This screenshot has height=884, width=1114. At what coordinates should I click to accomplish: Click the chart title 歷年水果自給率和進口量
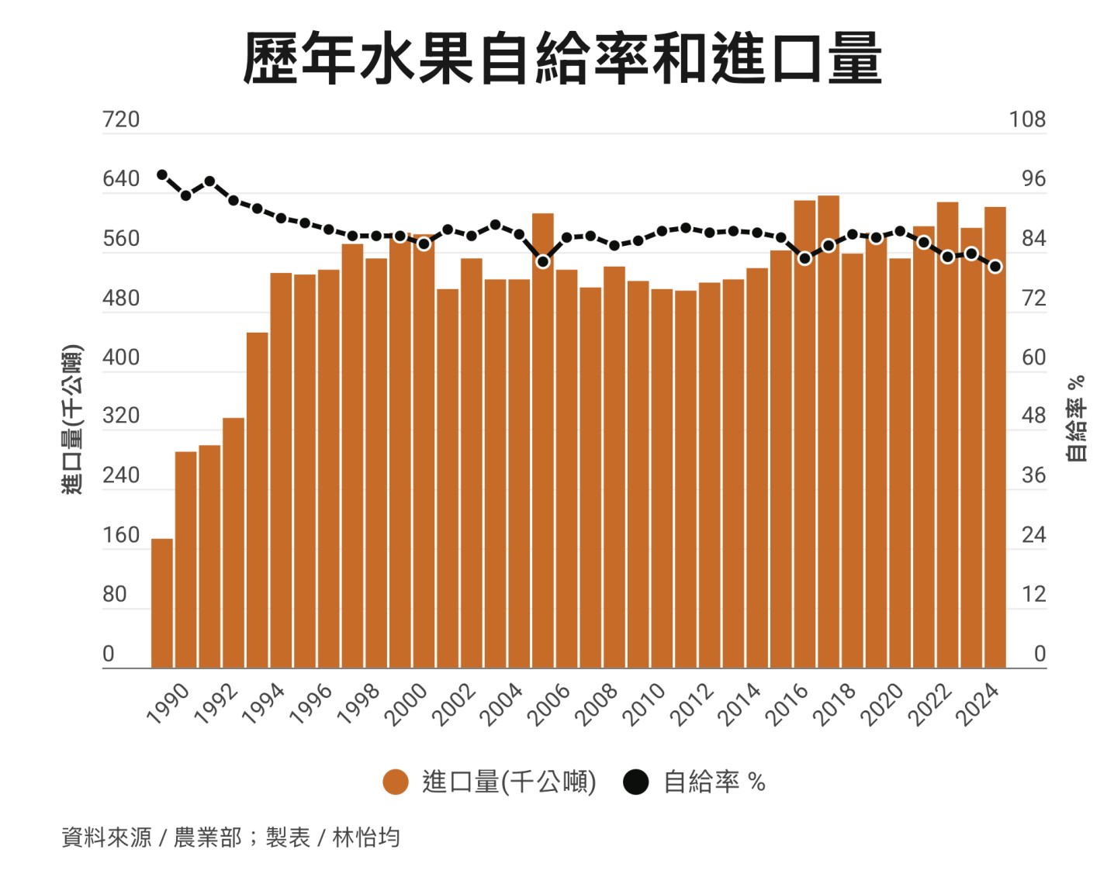click(x=562, y=57)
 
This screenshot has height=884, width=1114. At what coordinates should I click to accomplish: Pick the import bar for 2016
click(x=804, y=434)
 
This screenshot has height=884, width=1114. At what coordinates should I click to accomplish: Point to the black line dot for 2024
click(x=995, y=267)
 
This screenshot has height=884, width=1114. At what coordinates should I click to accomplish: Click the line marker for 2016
click(x=804, y=258)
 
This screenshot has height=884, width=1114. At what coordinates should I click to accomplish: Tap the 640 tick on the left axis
click(x=121, y=179)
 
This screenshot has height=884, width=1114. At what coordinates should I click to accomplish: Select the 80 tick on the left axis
click(x=114, y=595)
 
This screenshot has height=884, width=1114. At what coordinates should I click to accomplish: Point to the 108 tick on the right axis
click(x=1027, y=119)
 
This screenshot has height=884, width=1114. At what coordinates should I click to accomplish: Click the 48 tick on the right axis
click(x=1033, y=416)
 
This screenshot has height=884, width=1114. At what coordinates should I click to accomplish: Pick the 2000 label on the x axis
click(x=408, y=704)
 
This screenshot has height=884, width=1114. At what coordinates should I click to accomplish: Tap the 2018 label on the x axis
click(x=836, y=704)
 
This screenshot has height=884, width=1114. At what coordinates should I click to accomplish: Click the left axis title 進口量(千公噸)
click(x=72, y=419)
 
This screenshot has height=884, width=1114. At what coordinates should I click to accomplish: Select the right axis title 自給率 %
click(x=1076, y=419)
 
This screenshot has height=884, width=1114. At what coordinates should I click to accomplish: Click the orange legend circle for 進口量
click(x=396, y=782)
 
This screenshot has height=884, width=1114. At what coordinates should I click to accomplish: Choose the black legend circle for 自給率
click(x=636, y=782)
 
